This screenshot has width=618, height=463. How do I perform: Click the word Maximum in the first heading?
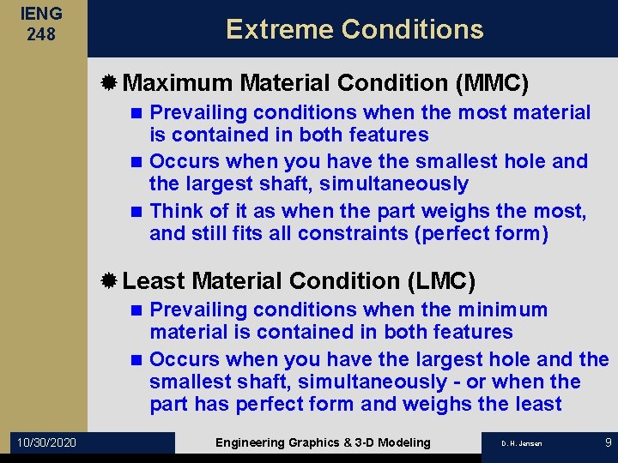coord(178,83)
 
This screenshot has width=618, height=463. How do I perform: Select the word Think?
coord(177,211)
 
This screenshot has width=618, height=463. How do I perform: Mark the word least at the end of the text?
coord(536,404)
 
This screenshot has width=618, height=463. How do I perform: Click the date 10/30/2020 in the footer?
coord(45,442)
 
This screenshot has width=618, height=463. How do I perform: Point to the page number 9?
coord(608,442)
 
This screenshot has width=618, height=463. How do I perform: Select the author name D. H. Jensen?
coord(522,443)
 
